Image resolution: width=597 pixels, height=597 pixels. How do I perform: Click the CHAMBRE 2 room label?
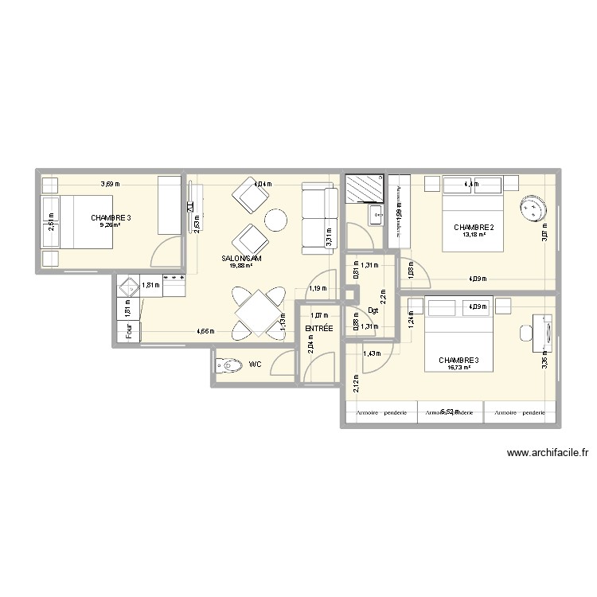(474, 228)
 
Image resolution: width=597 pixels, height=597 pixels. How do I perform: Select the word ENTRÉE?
(318, 328)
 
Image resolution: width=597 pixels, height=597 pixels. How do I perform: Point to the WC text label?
(255, 365)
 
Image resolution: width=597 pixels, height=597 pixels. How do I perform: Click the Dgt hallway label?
(373, 311)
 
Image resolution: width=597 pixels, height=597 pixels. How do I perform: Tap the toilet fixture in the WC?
(229, 366)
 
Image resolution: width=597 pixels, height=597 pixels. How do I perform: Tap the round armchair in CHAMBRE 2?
(531, 209)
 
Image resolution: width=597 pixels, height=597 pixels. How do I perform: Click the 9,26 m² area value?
(108, 225)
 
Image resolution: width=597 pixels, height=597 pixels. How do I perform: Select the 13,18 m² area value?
(474, 235)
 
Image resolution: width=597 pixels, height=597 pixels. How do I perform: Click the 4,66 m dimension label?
(205, 331)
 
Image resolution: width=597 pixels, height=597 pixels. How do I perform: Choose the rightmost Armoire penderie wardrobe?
(519, 412)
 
